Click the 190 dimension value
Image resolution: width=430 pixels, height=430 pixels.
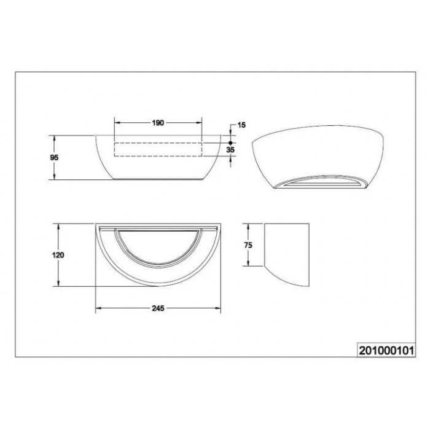click(158, 123)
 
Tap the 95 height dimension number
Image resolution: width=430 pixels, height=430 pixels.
click(54, 158)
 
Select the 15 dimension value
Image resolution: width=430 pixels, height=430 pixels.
click(241, 125)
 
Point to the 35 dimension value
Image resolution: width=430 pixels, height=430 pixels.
click(230, 150)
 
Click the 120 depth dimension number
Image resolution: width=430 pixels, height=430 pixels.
click(58, 255)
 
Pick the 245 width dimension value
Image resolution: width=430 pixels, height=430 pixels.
click(158, 308)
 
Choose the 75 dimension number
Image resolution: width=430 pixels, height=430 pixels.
click(248, 245)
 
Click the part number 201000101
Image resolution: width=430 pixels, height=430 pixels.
click(386, 351)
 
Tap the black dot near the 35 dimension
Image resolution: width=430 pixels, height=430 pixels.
click(230, 143)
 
